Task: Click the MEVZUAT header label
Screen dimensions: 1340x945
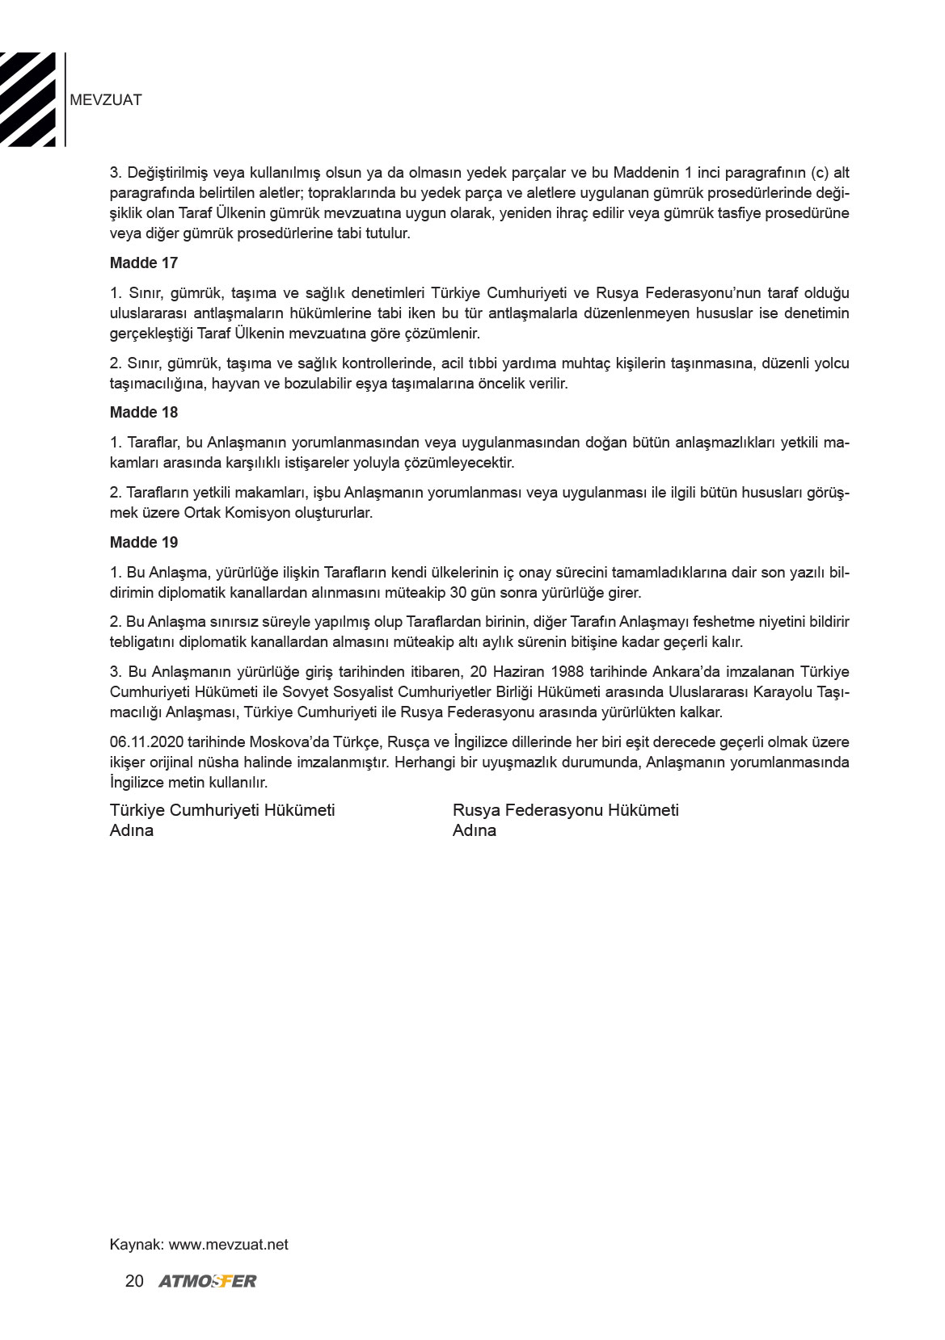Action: (x=106, y=100)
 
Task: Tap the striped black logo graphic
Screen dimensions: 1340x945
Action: (x=28, y=99)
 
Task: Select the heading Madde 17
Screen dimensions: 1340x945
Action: (x=144, y=263)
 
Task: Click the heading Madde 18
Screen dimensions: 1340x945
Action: (x=144, y=413)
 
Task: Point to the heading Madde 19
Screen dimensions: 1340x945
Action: (x=144, y=543)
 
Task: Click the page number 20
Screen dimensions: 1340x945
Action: (x=135, y=1281)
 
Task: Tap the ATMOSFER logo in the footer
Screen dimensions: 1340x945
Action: (x=208, y=1281)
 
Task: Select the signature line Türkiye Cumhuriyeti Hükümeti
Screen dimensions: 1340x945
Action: (x=222, y=810)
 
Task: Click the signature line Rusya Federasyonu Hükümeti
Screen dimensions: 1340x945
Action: (x=566, y=810)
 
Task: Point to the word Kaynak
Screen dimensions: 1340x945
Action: (x=135, y=1245)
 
